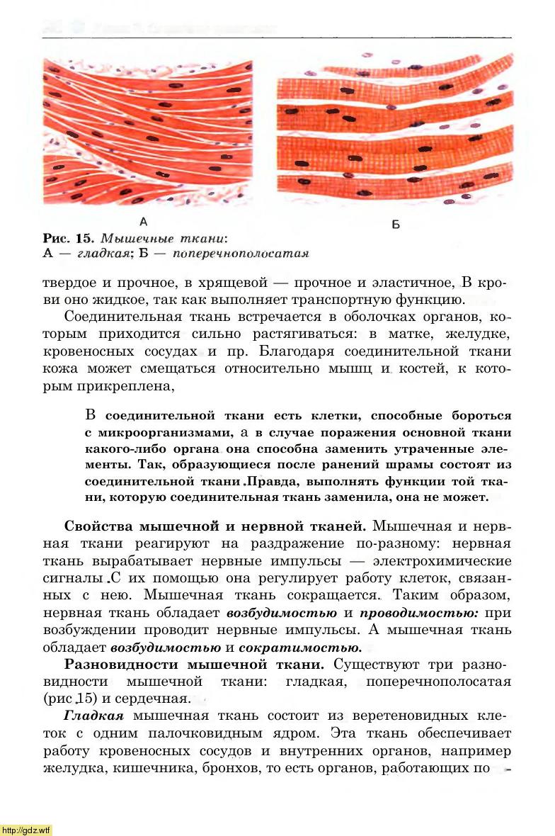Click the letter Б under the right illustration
[x=395, y=225]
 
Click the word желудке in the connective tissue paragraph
[x=482, y=333]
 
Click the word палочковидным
[x=198, y=733]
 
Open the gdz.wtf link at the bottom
[x=26, y=830]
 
